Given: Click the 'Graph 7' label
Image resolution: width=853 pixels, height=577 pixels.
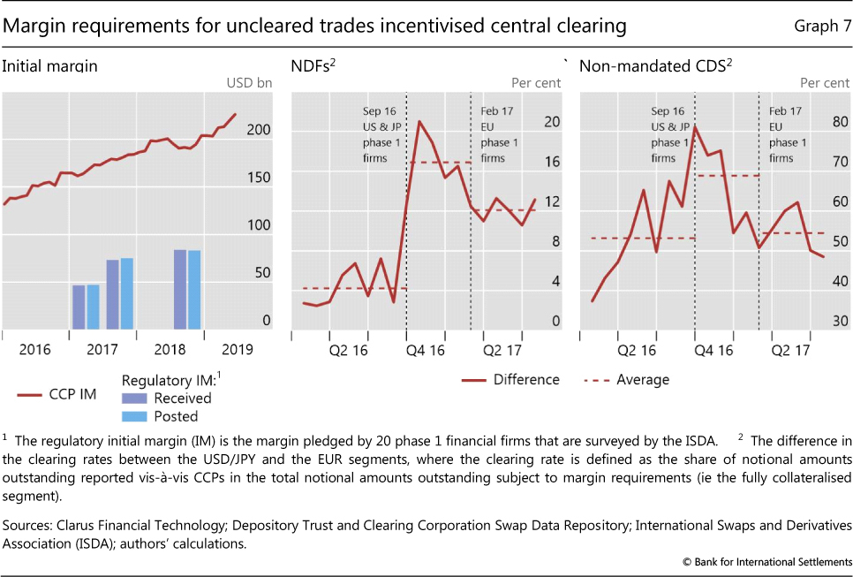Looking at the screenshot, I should coord(820,27).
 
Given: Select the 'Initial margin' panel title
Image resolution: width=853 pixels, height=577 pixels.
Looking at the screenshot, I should coord(49,65).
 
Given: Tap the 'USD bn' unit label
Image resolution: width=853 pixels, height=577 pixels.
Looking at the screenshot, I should coord(250,83).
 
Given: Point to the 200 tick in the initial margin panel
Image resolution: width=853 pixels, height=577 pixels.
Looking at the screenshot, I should coord(259,130).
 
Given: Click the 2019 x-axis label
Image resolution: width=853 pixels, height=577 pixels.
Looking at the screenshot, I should coord(236,348).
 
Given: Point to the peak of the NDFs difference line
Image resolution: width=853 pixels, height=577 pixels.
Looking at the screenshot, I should coord(419,121).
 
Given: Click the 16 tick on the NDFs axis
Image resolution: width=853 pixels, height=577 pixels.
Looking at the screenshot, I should coord(551,162).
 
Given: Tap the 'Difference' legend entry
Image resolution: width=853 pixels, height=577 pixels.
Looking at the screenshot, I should coord(525,379).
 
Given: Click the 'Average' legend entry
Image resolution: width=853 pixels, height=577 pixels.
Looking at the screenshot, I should coord(641,379).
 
